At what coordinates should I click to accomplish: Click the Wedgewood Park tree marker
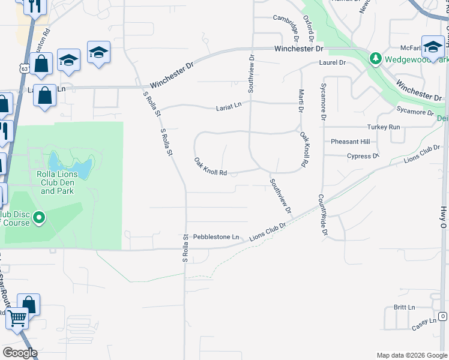[x=376, y=58]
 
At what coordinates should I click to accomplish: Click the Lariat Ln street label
[x=229, y=107]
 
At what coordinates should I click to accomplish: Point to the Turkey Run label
[x=384, y=127]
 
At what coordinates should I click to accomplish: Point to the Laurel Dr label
[x=334, y=62]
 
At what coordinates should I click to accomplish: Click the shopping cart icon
[x=17, y=319]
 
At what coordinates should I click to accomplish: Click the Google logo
[x=20, y=353]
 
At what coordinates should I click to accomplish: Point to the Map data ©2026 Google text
[x=411, y=355]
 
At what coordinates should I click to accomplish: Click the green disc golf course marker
[x=40, y=217]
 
